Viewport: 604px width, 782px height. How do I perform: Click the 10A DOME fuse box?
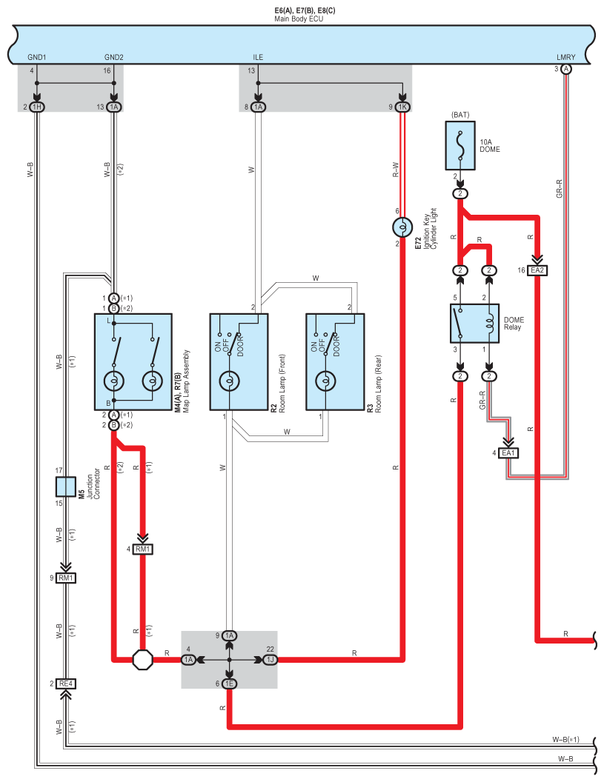[x=459, y=146]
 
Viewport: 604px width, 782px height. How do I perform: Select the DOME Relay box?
[x=474, y=323]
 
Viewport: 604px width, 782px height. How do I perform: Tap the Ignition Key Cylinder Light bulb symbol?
[x=402, y=227]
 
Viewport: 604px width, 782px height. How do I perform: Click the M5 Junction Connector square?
[x=65, y=487]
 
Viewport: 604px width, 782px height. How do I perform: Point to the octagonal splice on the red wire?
[x=143, y=660]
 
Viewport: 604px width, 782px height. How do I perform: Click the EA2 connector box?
[x=537, y=270]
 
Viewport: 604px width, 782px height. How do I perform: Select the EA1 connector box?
[x=508, y=453]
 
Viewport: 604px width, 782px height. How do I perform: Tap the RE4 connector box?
[x=66, y=684]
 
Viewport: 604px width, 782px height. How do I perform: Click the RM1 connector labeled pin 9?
[x=66, y=578]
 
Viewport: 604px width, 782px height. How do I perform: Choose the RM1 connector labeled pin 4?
[x=143, y=549]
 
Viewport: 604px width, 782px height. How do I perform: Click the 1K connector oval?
[x=402, y=107]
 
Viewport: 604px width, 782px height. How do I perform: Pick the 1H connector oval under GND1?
[x=37, y=107]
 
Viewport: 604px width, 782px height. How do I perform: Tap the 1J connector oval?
[x=270, y=660]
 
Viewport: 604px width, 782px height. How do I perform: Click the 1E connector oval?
[x=229, y=684]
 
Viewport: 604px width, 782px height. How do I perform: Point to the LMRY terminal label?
[x=566, y=57]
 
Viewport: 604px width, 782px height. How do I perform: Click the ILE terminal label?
[x=258, y=57]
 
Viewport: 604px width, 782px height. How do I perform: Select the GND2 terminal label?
[x=114, y=57]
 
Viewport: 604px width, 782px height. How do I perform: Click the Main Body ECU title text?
[x=299, y=19]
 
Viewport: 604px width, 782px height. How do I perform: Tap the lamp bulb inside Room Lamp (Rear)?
[x=325, y=381]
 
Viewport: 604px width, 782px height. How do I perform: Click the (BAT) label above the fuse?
[x=460, y=115]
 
